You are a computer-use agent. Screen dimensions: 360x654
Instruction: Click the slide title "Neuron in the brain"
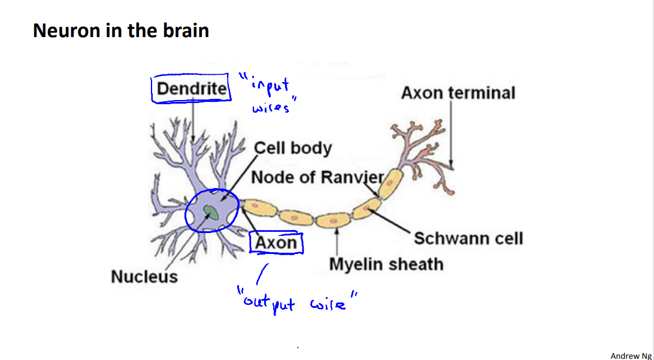[121, 30]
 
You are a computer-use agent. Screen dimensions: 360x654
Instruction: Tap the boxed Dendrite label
[192, 89]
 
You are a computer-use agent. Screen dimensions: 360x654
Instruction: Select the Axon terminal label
[458, 93]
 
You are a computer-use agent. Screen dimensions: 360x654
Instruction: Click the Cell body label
[293, 148]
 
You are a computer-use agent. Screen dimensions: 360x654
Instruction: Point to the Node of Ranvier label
[317, 177]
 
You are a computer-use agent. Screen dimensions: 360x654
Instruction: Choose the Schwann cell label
[468, 238]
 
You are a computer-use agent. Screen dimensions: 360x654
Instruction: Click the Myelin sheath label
[386, 264]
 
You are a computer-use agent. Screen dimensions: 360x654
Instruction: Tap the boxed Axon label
[276, 243]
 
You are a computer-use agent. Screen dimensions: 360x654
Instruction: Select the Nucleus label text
[144, 277]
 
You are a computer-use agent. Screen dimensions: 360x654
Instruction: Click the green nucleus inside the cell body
[211, 211]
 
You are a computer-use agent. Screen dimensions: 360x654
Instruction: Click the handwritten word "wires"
[271, 108]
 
